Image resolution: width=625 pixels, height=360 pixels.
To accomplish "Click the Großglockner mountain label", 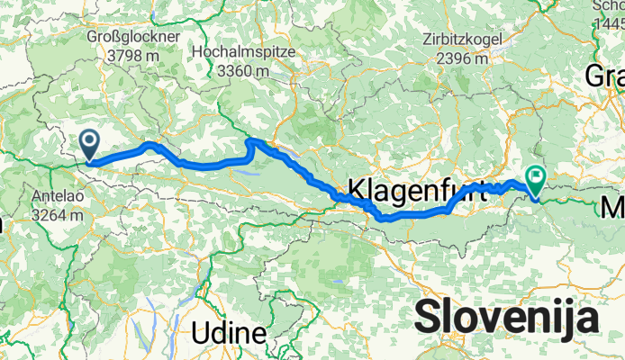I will (x=133, y=36).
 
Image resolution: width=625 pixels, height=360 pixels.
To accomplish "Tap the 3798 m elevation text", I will (x=133, y=53).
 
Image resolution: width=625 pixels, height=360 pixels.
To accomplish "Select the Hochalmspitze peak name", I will (x=243, y=53).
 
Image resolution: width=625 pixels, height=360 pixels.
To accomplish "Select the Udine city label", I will (x=229, y=333).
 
